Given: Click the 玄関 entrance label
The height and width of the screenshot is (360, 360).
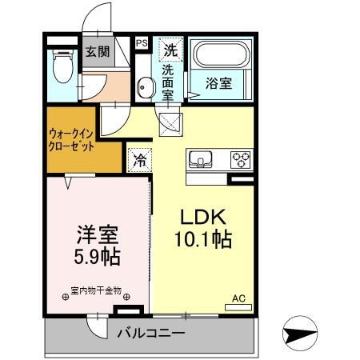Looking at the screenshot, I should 98,53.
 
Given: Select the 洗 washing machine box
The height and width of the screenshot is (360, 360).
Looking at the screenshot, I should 170,48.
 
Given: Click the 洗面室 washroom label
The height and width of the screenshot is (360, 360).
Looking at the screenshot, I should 168,82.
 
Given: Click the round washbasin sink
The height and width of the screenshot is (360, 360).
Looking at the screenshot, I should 144,87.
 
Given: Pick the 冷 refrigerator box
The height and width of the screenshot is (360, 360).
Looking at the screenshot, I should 138,158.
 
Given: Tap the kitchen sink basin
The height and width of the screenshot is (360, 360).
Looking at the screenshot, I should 200,158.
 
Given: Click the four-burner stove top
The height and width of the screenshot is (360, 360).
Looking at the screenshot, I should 240,158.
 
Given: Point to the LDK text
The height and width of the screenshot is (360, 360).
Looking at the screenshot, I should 204,217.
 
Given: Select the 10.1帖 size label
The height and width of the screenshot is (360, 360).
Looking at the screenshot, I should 204,239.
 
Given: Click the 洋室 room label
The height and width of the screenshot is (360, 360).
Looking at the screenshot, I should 97,235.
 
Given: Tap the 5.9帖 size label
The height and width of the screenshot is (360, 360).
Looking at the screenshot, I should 97,258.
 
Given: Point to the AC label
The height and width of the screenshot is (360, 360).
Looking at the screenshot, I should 238,298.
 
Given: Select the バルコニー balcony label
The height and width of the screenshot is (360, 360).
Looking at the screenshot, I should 151,333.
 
